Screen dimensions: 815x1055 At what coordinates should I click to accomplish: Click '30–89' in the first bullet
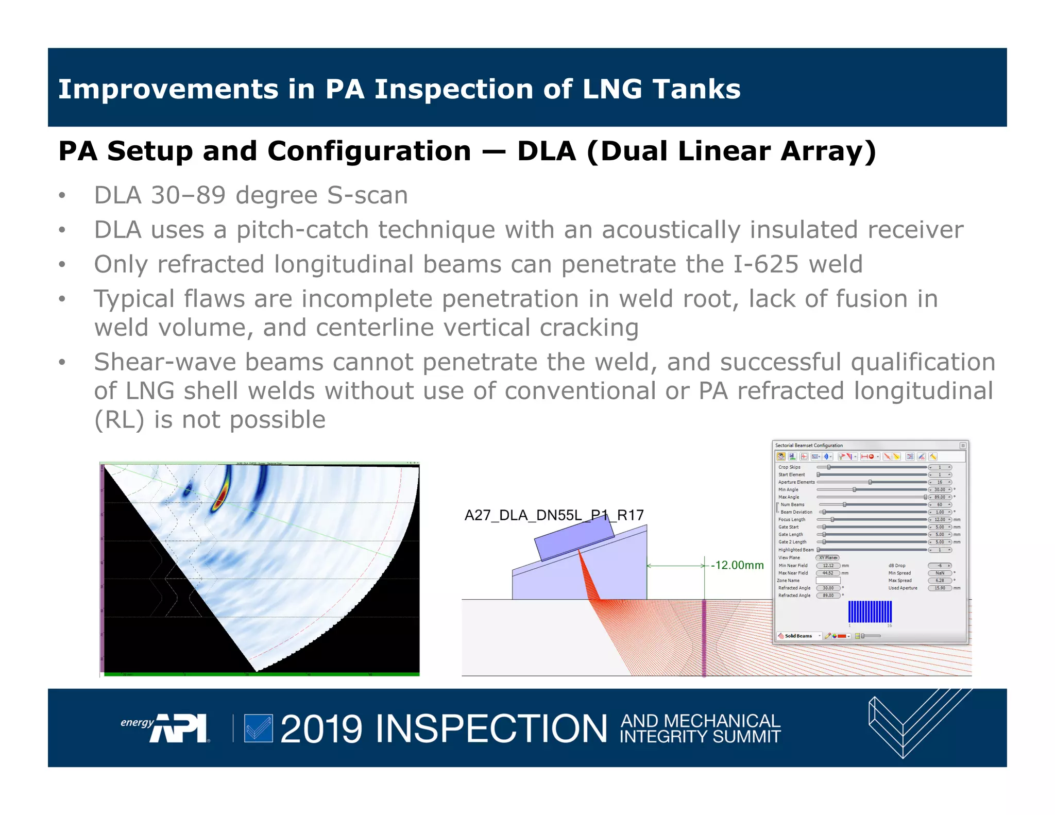click(189, 196)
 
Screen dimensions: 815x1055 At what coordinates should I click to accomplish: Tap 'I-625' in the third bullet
click(766, 264)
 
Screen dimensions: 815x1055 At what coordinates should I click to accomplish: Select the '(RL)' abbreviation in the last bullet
click(118, 420)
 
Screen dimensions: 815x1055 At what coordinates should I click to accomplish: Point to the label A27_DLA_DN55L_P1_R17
click(554, 515)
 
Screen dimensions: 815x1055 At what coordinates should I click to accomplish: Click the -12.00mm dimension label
click(737, 565)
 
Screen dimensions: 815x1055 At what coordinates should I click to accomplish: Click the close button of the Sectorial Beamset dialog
click(962, 446)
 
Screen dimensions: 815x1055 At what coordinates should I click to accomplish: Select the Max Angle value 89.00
click(940, 497)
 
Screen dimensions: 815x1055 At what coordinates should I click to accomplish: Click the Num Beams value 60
click(940, 505)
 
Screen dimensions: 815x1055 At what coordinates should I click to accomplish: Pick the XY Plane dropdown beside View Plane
click(828, 558)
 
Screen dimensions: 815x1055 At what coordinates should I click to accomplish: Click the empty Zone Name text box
click(828, 581)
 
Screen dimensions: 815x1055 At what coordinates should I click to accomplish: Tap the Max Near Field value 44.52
click(828, 573)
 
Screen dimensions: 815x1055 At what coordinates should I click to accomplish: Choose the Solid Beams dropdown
click(799, 636)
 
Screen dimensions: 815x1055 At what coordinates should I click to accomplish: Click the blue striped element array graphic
click(870, 612)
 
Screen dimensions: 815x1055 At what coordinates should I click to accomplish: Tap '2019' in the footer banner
click(321, 729)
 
